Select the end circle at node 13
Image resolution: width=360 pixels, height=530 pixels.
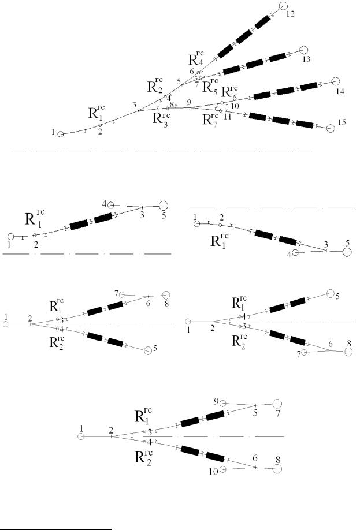coord(303,50)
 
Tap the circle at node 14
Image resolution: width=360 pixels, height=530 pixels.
coord(335,81)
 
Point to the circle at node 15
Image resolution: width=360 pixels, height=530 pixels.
coord(331,128)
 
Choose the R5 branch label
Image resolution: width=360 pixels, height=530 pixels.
coord(210,86)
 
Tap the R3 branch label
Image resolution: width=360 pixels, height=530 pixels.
coord(161,118)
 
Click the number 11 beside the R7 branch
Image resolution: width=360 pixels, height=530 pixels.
coord(227,117)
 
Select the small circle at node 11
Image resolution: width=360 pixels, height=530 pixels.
coord(221,111)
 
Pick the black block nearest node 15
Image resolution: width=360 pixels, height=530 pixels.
coord(305,124)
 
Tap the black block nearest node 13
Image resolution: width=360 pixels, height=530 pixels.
coord(277,57)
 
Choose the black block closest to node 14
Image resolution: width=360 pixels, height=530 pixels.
coord(309,86)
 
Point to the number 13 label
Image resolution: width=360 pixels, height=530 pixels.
coord(306,59)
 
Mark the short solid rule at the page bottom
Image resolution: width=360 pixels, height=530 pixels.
coord(56,527)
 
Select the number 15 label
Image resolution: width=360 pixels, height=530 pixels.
coord(342,122)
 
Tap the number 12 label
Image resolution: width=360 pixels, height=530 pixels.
coord(290,14)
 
